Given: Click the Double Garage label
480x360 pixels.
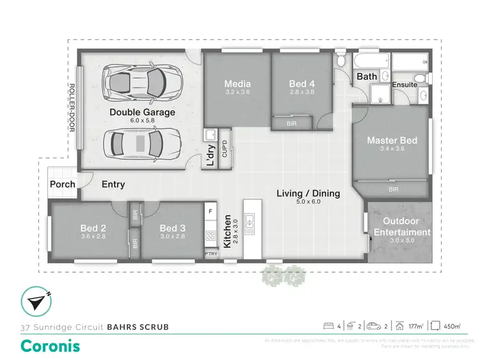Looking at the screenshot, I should click(x=142, y=112).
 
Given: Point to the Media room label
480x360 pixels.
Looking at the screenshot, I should click(x=237, y=84).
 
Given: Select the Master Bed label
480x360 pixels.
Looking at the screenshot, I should click(x=392, y=140).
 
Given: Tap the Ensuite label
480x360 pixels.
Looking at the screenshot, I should click(x=404, y=84).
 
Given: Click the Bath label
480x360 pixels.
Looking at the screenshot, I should click(x=367, y=77).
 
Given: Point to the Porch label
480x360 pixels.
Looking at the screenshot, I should click(x=63, y=184).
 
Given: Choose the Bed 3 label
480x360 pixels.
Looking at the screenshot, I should click(x=172, y=228).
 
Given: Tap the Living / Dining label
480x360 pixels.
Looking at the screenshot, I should click(x=308, y=193).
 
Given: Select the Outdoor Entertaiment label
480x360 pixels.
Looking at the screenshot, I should click(x=402, y=227).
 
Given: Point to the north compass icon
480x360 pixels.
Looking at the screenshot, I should click(x=35, y=300).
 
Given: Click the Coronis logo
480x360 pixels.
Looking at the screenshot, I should click(x=51, y=346).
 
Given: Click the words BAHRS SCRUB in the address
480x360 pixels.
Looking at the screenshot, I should click(x=138, y=327).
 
